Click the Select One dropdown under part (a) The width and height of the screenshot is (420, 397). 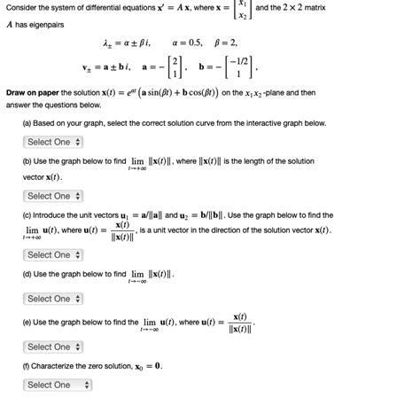(x=54, y=141)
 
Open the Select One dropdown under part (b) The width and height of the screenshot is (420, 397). (x=54, y=196)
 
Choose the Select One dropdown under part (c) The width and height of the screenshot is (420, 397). (x=54, y=254)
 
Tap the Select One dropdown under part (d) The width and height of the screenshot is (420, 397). (x=54, y=299)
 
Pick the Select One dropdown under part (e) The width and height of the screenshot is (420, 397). (x=54, y=346)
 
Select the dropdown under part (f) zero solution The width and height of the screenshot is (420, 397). (x=59, y=385)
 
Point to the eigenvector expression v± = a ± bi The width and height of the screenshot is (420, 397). (x=110, y=65)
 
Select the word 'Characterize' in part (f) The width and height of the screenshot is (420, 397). (x=58, y=365)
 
